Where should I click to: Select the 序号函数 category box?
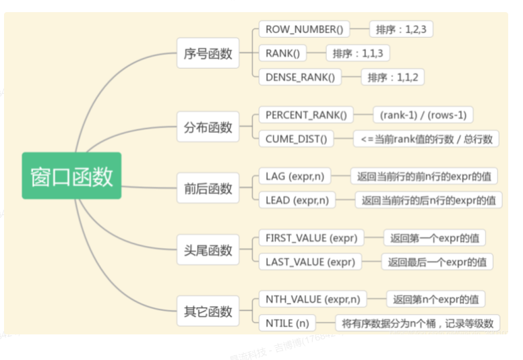click(208, 53)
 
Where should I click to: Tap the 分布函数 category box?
click(208, 127)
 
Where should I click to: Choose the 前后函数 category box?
click(208, 188)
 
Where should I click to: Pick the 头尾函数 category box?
click(208, 250)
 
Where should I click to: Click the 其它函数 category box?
click(208, 311)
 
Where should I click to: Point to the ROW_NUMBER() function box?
click(304, 29)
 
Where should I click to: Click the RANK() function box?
click(282, 53)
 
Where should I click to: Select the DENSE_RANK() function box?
click(300, 77)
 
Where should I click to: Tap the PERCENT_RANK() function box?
click(305, 115)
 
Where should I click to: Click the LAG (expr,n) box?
click(295, 177)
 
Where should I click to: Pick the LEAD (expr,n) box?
click(297, 200)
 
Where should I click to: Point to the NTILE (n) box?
click(287, 323)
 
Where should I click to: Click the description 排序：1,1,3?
click(358, 53)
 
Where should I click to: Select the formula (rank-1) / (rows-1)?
click(423, 115)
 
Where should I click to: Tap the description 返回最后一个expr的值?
click(436, 262)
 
